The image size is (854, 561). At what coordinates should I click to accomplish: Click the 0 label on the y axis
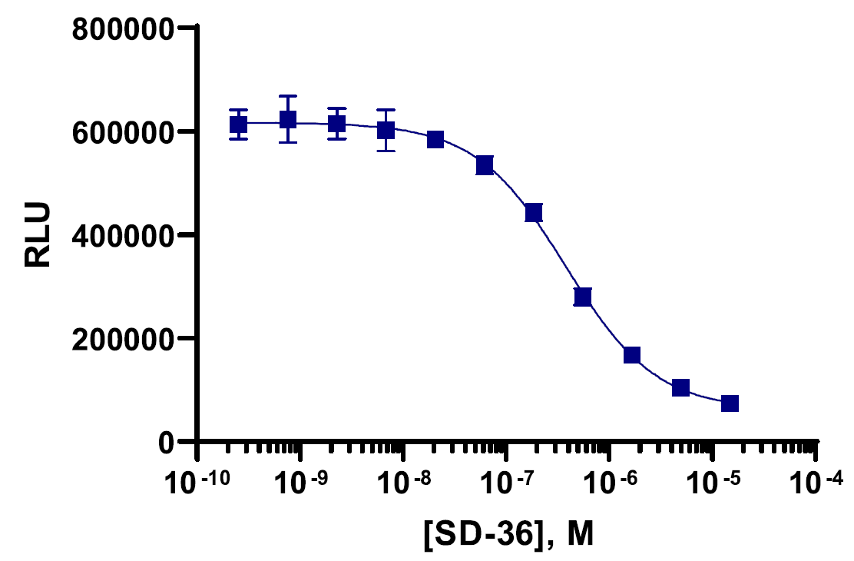[166, 442]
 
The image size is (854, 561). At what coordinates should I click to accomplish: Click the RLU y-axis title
[38, 235]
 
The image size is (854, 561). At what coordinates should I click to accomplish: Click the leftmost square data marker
[239, 124]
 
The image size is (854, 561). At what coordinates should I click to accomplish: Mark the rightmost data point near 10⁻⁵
[730, 403]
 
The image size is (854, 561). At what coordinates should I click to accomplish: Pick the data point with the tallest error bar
[288, 120]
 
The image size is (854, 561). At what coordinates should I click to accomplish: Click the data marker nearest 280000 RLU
[583, 297]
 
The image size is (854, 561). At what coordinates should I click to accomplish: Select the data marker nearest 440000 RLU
[534, 213]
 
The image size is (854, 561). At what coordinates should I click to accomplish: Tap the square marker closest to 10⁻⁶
[632, 355]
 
